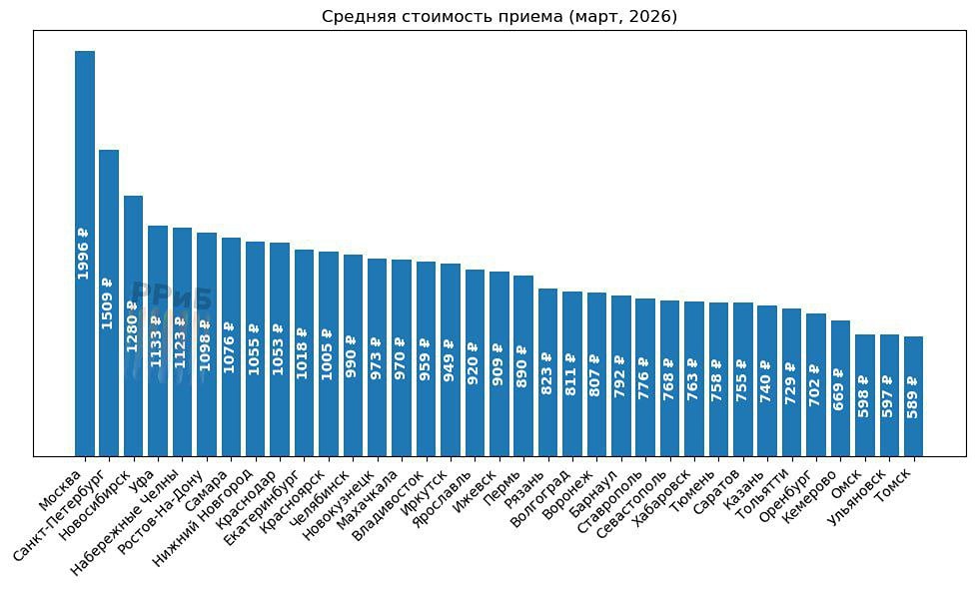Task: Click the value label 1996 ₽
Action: point(84,254)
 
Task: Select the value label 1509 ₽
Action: point(108,303)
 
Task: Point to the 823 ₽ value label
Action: point(547,373)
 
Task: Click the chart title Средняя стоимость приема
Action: point(499,17)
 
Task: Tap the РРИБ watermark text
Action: point(172,297)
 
